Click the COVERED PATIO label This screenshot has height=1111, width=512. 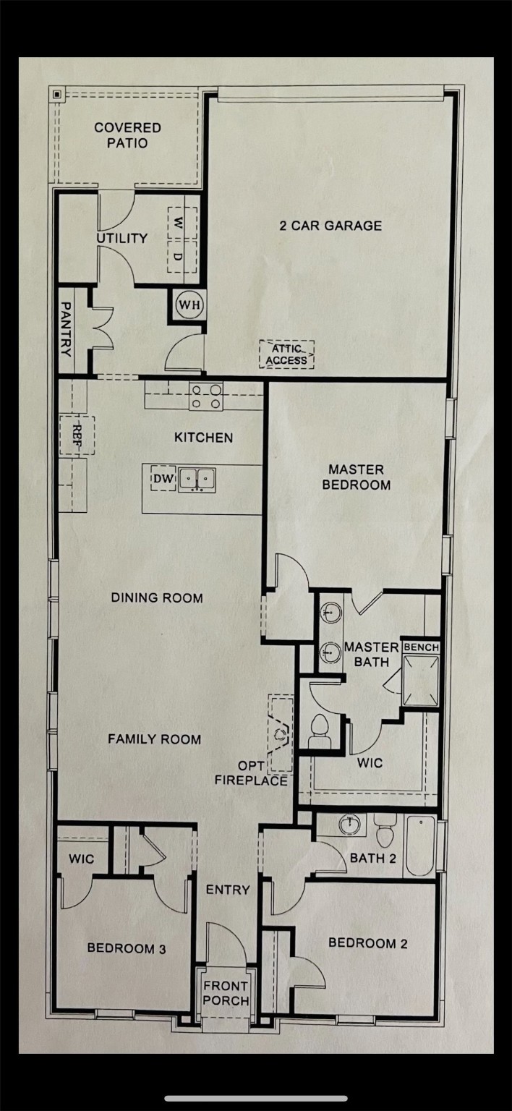(127, 135)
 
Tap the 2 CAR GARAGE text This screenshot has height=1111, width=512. (330, 226)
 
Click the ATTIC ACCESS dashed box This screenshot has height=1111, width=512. (287, 354)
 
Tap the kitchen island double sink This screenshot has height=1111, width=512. (197, 478)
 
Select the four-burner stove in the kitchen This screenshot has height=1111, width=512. (205, 396)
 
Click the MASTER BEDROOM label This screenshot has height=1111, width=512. (356, 477)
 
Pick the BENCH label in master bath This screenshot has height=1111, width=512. (421, 647)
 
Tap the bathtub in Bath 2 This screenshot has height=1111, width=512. (420, 846)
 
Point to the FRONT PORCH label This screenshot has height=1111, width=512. (225, 993)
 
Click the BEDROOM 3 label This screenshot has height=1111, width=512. (127, 948)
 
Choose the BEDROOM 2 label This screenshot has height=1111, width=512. (362, 942)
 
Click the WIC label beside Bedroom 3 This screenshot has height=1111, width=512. (81, 859)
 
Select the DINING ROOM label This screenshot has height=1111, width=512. (156, 598)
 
